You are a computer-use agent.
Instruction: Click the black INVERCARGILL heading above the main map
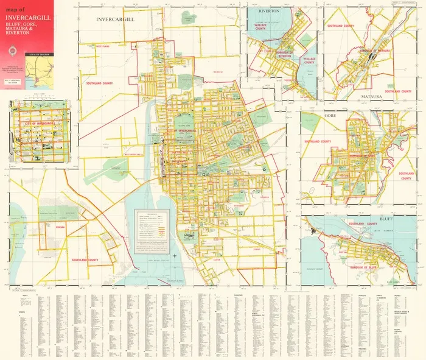[115, 19]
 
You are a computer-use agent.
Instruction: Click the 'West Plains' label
[101, 44]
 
